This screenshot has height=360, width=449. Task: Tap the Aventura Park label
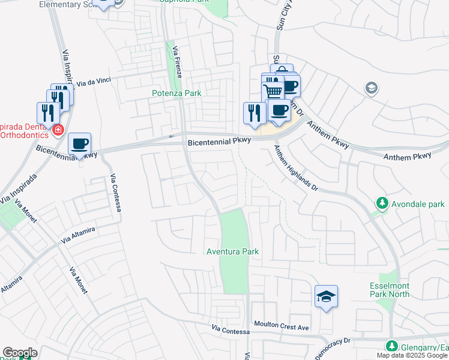point(232,251)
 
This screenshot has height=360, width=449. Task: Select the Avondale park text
point(418,204)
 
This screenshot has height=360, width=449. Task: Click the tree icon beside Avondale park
point(381,204)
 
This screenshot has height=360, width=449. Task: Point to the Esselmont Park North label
point(390,290)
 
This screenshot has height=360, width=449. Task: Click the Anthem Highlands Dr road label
point(295,168)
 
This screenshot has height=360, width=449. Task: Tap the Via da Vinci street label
point(95,81)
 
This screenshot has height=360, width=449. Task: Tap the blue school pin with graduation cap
point(326,296)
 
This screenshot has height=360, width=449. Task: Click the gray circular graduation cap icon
point(372,89)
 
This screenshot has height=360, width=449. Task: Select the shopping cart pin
point(273,91)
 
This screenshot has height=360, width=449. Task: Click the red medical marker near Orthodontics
point(58,130)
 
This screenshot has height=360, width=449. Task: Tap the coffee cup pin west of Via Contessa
point(79,144)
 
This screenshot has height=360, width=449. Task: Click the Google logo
point(20,353)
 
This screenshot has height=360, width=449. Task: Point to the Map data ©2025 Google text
point(412,355)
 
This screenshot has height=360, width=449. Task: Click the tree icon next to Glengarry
point(391,346)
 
